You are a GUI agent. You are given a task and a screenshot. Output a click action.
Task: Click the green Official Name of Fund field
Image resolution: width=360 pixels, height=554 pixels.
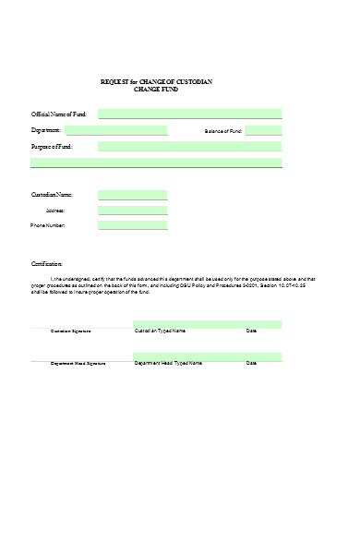coord(189,114)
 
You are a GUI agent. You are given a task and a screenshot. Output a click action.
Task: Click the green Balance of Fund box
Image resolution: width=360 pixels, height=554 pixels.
coord(264,131)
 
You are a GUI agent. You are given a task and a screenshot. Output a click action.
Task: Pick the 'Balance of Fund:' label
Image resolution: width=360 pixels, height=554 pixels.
coord(223,132)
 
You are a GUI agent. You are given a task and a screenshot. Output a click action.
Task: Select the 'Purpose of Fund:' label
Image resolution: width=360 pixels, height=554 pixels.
coord(53,147)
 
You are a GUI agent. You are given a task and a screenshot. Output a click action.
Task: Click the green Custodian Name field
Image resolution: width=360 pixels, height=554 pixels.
coord(132,195)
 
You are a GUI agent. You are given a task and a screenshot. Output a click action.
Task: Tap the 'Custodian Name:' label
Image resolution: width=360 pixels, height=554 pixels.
coord(52,196)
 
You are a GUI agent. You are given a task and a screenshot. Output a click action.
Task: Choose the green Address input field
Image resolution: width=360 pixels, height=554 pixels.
coord(132,210)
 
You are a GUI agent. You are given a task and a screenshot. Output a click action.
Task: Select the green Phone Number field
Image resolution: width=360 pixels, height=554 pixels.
coord(132,224)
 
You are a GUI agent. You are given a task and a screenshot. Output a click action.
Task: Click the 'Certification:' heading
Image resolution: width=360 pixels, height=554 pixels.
coord(47,264)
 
